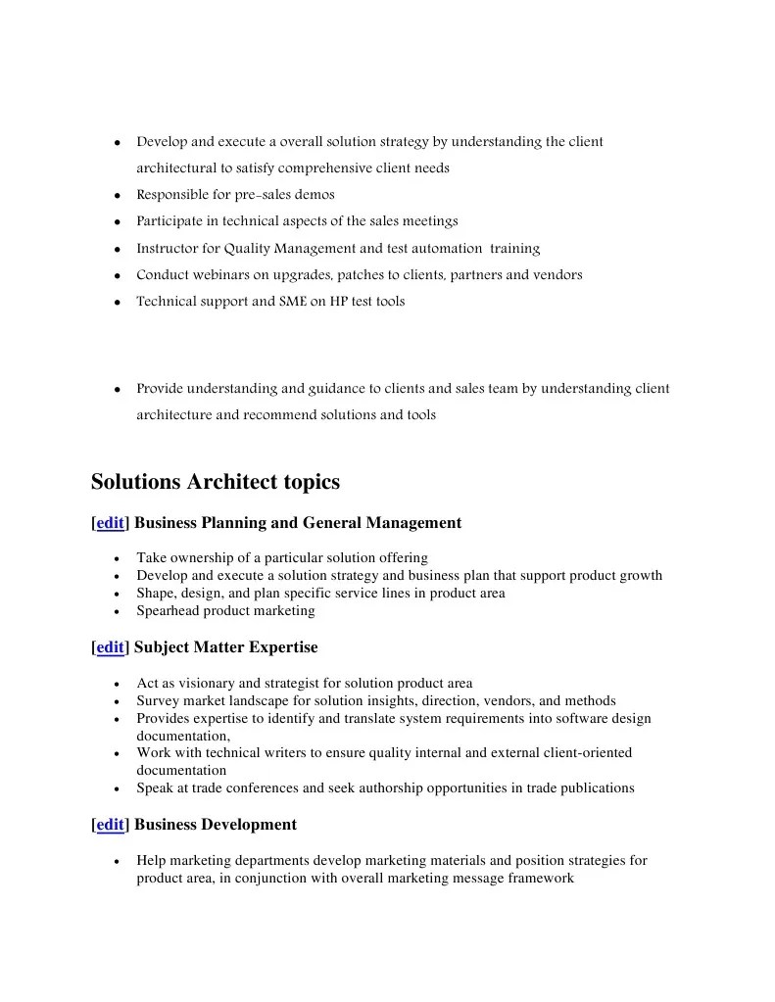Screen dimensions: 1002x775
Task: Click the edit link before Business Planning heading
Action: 110,523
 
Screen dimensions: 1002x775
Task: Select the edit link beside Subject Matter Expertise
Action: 110,647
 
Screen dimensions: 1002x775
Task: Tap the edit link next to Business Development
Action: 110,825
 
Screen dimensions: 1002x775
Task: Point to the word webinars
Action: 220,275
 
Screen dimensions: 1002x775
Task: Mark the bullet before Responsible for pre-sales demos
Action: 117,196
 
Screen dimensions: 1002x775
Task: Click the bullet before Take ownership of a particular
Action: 117,559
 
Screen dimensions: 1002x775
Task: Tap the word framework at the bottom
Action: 539,879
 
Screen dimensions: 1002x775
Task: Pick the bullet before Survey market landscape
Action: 117,702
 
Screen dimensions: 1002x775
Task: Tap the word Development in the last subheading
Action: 248,825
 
